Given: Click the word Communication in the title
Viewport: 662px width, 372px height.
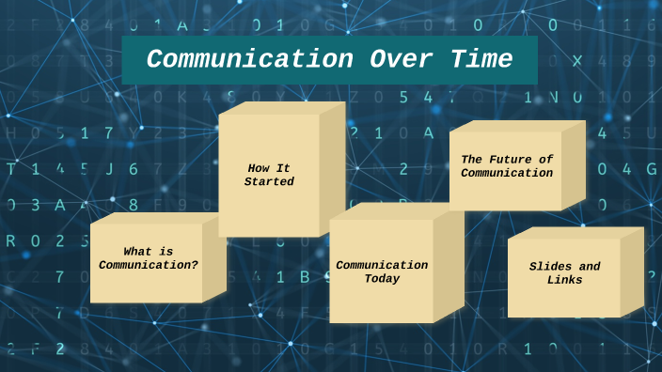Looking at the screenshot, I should (x=249, y=60).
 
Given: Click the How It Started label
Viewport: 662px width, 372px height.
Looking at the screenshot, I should (x=269, y=175).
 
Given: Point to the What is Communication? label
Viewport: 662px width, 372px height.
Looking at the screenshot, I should (x=149, y=257).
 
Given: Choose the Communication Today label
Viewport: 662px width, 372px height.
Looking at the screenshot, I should (x=382, y=271).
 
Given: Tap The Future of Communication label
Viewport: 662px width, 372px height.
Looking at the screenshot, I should (x=507, y=165).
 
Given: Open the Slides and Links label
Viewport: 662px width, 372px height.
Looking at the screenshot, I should (x=564, y=273).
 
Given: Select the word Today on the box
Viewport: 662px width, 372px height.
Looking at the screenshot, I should (x=383, y=278).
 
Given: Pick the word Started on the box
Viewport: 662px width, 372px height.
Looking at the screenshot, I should (x=269, y=181).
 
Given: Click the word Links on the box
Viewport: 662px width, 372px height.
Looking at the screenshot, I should (x=564, y=280).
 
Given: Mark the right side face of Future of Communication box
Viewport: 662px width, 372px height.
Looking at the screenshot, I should (x=574, y=164).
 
